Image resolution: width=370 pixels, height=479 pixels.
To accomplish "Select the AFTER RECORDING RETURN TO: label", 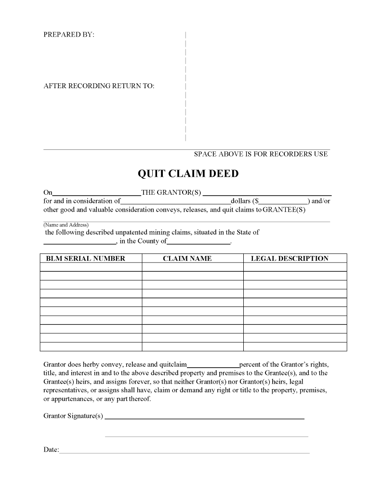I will [99, 86].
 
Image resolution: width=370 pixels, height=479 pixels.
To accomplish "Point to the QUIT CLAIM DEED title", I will [188, 173].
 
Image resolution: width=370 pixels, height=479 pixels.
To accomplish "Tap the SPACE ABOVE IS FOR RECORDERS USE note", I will [261, 154].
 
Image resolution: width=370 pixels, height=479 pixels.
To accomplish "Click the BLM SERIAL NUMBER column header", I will [85, 258].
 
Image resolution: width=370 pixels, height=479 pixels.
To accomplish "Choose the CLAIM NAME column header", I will [187, 258].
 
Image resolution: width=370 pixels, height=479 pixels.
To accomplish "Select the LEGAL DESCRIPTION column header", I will [290, 258].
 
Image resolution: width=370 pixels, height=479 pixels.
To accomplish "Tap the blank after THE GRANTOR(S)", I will [267, 194].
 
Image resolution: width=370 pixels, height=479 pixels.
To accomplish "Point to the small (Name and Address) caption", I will [66, 225].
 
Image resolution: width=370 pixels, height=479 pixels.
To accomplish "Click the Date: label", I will [51, 450].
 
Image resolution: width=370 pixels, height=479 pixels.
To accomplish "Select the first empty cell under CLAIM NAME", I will [192, 267].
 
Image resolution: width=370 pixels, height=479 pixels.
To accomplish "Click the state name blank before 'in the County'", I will [79, 242].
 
